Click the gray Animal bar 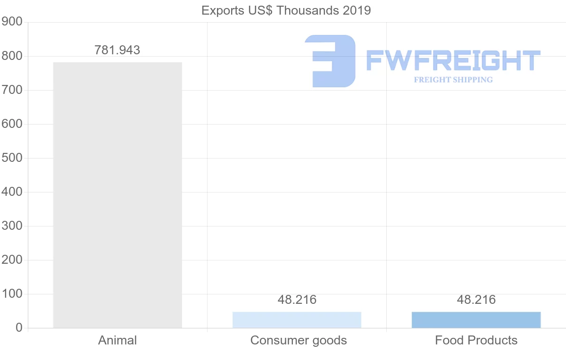[117, 195]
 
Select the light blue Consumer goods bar [297, 320]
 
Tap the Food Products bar [476, 320]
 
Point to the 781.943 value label [117, 50]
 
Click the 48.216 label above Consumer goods [297, 300]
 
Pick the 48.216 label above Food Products [476, 300]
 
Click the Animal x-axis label [117, 340]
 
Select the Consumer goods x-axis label [299, 340]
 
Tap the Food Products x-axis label [476, 340]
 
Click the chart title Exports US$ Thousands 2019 [286, 10]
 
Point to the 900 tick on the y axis [12, 22]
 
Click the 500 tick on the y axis [12, 158]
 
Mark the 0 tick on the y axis [19, 328]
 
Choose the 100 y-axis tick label [12, 294]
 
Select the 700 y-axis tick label [12, 90]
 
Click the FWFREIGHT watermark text [453, 61]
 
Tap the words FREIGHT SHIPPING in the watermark [453, 80]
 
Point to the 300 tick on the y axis [12, 226]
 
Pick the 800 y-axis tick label [12, 56]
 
